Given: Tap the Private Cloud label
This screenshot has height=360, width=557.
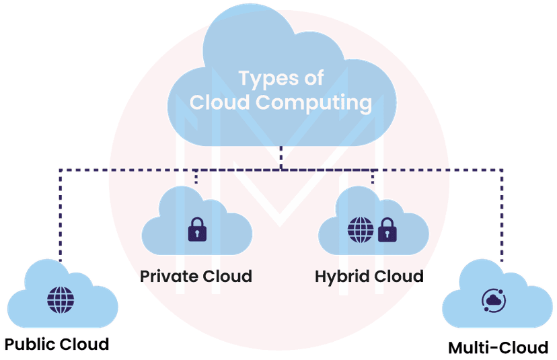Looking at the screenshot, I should [196, 276].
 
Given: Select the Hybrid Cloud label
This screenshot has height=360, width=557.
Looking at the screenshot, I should [369, 276].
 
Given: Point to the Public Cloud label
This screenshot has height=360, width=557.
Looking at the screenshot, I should [56, 344].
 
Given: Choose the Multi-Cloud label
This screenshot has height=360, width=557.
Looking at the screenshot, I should [498, 348].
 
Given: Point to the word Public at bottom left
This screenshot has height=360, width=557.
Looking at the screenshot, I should [31, 344].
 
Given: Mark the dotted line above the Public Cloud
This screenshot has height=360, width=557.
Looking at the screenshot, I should [61, 215].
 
